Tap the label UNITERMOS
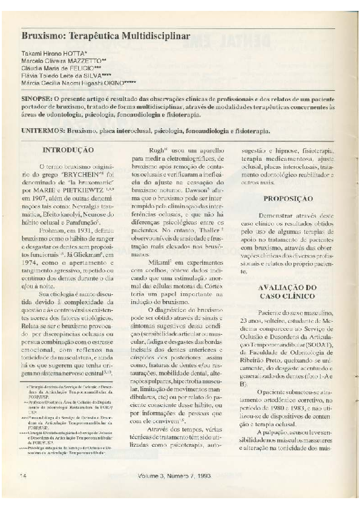click(x=42, y=130)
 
